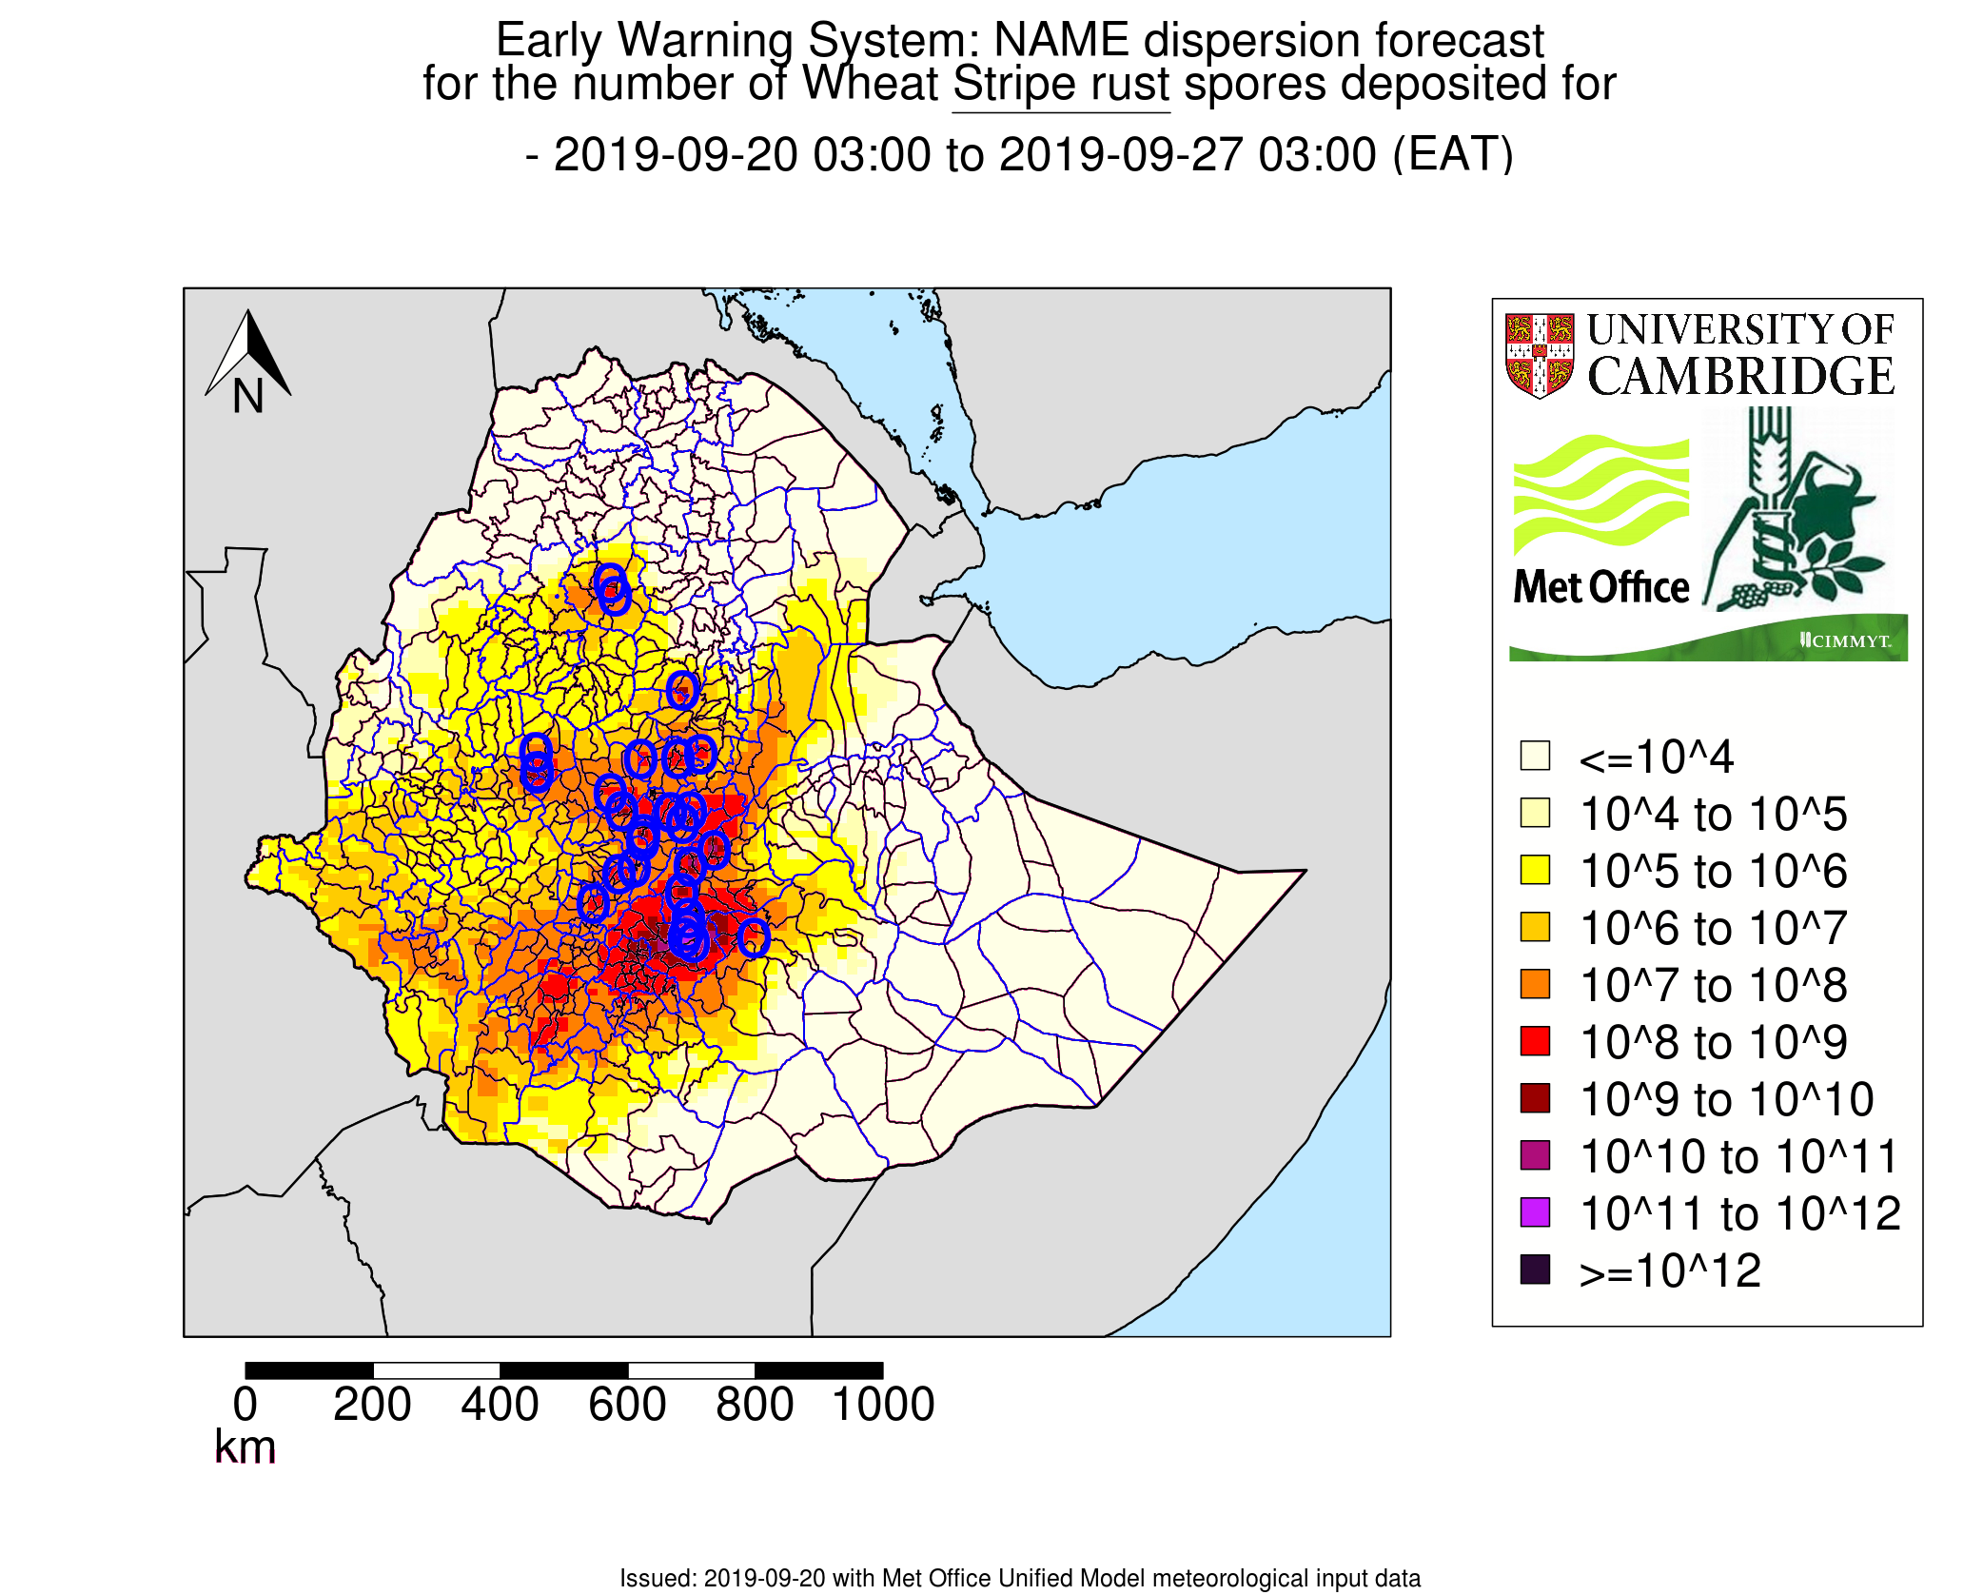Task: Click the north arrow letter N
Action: (x=247, y=396)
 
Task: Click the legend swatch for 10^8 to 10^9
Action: (x=1535, y=1041)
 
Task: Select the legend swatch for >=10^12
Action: (x=1535, y=1270)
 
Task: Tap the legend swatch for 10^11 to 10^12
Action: (x=1535, y=1212)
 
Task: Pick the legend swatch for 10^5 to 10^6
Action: (x=1535, y=870)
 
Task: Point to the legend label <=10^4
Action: (x=1656, y=758)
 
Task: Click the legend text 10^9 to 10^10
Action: (x=1726, y=1100)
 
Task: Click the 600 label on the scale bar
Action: (x=627, y=1405)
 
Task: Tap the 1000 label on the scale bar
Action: (x=883, y=1405)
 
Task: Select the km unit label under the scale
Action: (x=245, y=1447)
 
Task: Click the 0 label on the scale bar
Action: (x=245, y=1405)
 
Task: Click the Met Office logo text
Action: (x=1601, y=587)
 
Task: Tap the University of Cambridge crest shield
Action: (x=1539, y=355)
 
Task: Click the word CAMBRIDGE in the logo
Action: (x=1740, y=377)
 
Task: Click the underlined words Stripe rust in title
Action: (x=1060, y=84)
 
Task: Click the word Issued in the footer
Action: (x=657, y=1578)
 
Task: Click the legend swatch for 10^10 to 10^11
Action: (x=1535, y=1155)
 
